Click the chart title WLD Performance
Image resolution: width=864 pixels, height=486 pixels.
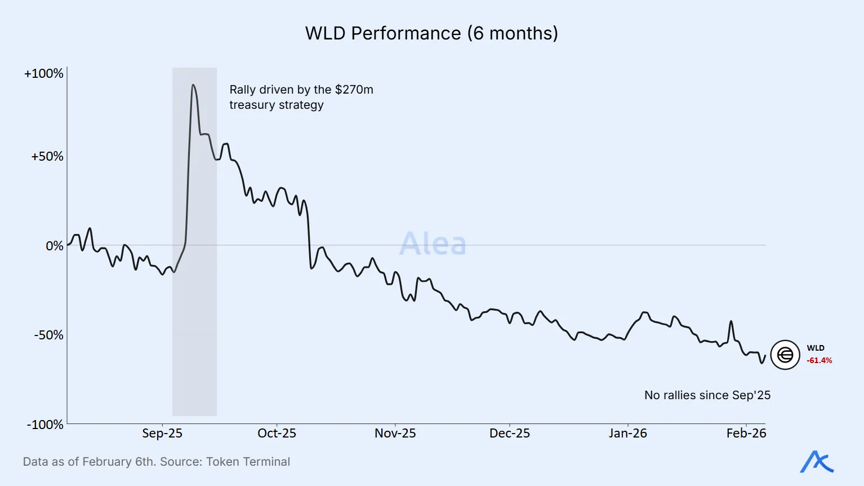431,33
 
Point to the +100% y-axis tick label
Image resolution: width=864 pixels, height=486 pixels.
44,74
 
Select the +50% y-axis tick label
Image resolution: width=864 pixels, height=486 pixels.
47,157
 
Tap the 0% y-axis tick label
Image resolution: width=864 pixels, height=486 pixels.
55,246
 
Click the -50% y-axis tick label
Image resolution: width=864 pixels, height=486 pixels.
48,335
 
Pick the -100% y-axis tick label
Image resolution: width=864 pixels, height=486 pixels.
45,425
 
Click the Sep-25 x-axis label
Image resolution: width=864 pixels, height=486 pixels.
162,434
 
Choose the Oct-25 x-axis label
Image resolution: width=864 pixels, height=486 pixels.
277,434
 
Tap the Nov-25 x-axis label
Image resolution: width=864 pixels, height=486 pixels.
395,434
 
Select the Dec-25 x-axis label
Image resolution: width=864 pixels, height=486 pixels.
510,434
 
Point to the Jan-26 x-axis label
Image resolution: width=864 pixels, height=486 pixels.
627,434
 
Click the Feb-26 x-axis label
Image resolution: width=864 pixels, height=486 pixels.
746,434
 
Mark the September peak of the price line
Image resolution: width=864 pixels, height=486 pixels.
193,85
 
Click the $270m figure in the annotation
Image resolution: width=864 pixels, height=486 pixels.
354,90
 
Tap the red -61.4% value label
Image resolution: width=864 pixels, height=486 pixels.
819,361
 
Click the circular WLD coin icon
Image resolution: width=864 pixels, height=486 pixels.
785,355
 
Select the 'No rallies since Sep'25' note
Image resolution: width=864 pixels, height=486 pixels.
707,395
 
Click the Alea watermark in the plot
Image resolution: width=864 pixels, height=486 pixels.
433,244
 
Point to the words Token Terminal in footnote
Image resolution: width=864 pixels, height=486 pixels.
248,462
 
